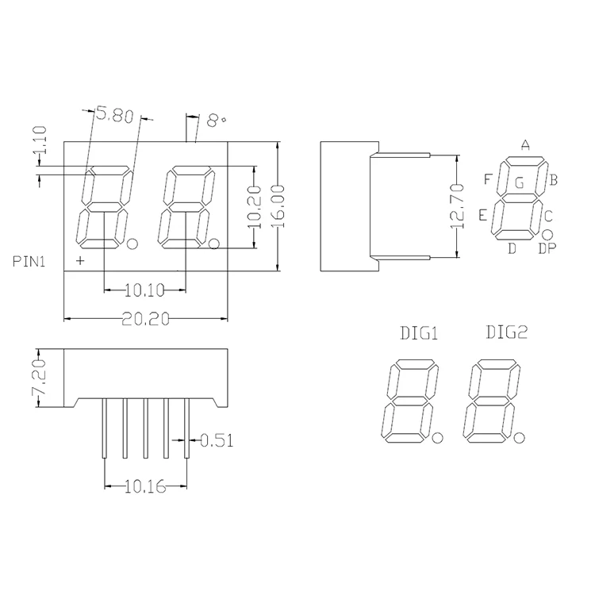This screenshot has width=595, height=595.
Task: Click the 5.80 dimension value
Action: (113, 116)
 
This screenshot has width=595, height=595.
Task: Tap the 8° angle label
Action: (216, 121)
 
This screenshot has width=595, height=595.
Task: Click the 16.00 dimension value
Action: (277, 206)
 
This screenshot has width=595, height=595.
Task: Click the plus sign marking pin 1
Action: (79, 260)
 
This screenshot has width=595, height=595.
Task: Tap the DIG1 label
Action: (417, 334)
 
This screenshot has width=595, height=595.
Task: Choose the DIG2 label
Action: (505, 333)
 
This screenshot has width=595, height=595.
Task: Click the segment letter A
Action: (524, 144)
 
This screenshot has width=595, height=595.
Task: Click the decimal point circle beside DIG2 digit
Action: (520, 436)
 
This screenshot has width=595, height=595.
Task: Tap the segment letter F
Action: (488, 178)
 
